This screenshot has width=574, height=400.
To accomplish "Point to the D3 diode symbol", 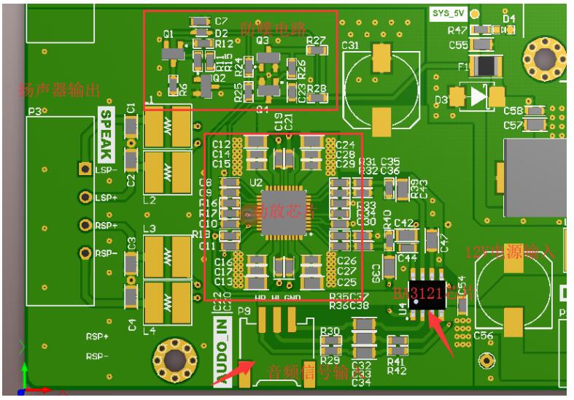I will pos(478,96).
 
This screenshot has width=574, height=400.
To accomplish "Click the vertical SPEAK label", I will pos(106,136).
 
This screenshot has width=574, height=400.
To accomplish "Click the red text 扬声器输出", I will pos(58,91).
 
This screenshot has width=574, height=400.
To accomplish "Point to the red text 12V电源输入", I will pos(511,253).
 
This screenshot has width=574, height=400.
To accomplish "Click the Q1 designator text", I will pos(168,34).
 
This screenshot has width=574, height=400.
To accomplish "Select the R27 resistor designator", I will pos(316,40).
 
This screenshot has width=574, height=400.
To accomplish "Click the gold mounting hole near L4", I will pos(176,358).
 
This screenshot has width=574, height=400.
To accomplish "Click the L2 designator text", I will pos(150,199).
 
